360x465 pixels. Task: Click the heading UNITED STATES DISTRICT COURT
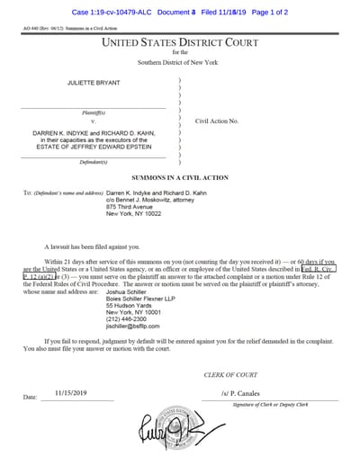(x=180, y=43)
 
